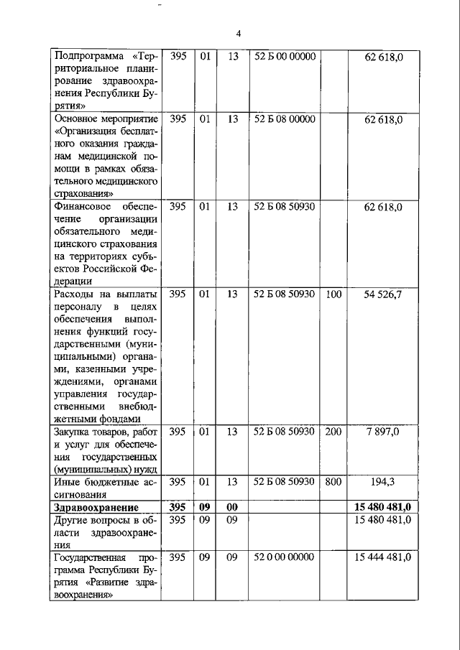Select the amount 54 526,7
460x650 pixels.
click(x=383, y=294)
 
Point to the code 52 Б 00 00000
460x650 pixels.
click(x=285, y=56)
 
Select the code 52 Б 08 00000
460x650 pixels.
click(x=285, y=119)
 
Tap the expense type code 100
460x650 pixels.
click(x=333, y=294)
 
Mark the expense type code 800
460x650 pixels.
click(x=333, y=483)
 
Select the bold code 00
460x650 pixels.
click(x=231, y=508)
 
